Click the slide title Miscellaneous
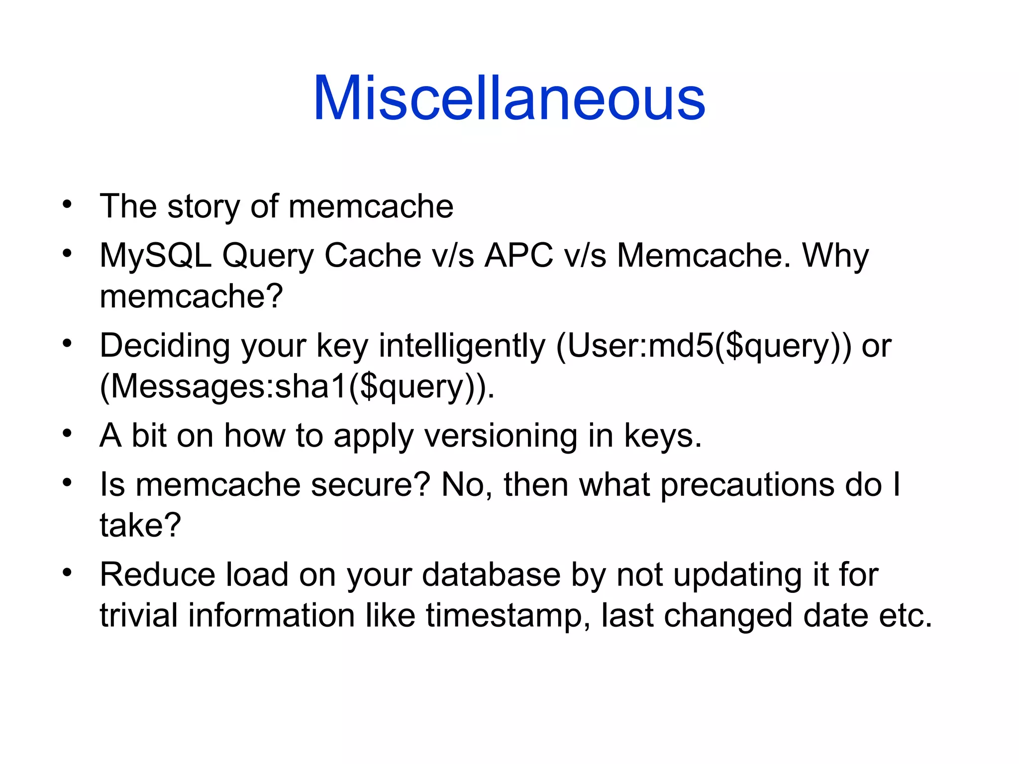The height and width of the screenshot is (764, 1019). coord(509,98)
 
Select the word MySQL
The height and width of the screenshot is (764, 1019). coord(155,256)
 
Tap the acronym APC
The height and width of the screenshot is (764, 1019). coord(519,256)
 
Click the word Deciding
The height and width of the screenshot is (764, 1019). coord(165,346)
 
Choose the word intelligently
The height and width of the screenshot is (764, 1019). coord(462,346)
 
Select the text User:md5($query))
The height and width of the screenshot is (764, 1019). coord(704,346)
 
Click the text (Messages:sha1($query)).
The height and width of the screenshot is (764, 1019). coord(297,387)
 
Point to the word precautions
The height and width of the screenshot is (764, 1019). coord(747,485)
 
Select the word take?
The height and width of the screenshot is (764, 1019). coord(140,525)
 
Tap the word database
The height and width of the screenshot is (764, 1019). coord(492,575)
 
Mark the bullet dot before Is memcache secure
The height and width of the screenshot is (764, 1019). coord(67,482)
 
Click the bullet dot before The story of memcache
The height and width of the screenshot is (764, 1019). coord(67,204)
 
